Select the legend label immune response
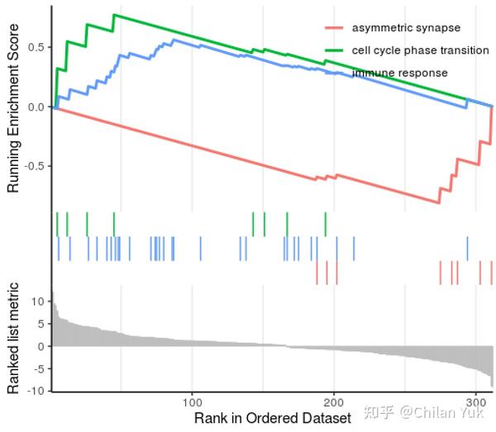(399, 73)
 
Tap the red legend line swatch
(335, 28)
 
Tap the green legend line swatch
(335, 50)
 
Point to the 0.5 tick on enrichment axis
(36, 47)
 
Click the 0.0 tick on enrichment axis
(36, 107)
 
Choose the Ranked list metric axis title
(13, 339)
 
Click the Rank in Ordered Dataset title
(273, 418)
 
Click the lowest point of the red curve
(438, 202)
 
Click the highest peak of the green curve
(114, 15)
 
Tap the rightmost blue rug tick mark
(467, 248)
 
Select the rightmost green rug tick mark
(326, 224)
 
